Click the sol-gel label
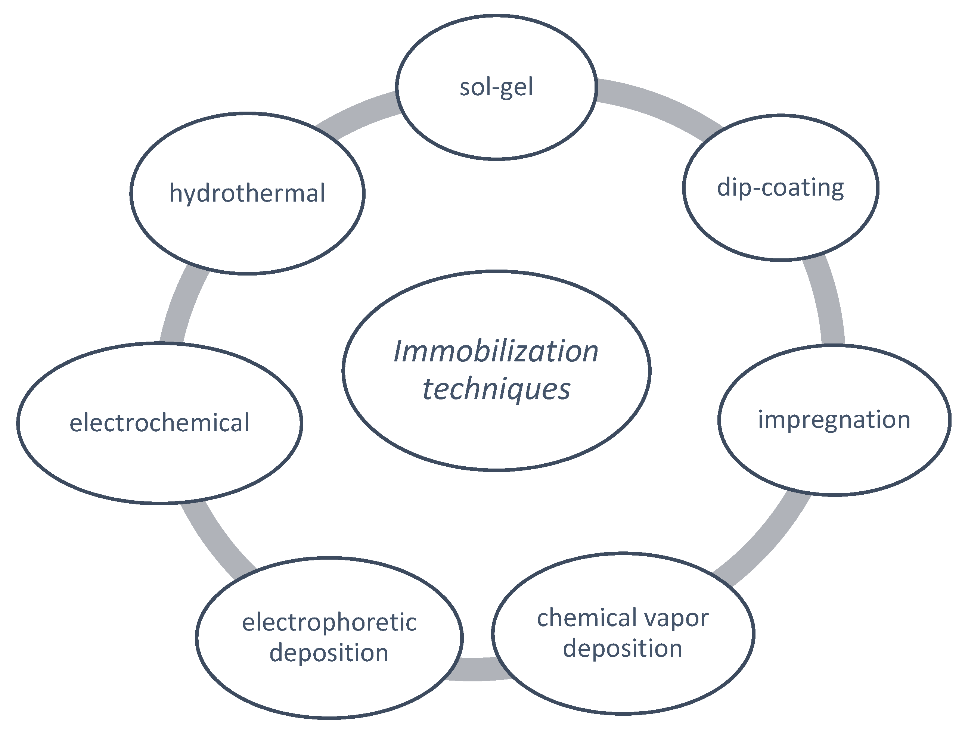496,87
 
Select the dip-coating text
781,188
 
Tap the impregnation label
834,420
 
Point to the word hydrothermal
247,193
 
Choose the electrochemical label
159,423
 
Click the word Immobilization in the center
496,352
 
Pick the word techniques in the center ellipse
496,389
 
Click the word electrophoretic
329,623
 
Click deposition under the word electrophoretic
329,653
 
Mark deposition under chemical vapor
622,649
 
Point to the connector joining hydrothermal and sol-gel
356,115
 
